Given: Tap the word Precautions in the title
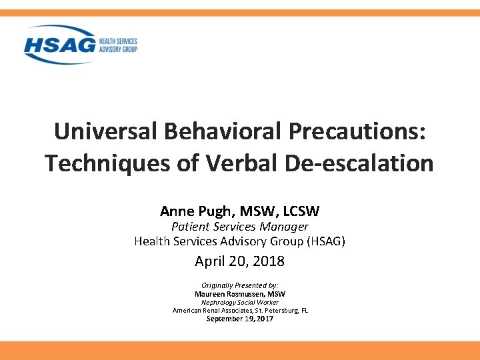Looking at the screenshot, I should coord(357,131).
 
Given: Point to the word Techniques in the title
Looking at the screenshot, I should coord(113,163).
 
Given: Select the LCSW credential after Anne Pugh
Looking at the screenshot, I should coord(301,211).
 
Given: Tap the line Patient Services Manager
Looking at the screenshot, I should coord(240,227).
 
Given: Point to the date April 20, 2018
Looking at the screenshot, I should coord(240,261).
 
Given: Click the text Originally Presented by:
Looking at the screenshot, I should coord(240,285).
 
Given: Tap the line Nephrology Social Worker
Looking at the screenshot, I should coord(240,302).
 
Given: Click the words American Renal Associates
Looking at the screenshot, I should coord(210,310).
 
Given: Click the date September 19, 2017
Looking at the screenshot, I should coord(240,319).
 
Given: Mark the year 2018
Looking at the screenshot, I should coord(269,261).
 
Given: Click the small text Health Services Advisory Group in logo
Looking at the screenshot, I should coord(118,45).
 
